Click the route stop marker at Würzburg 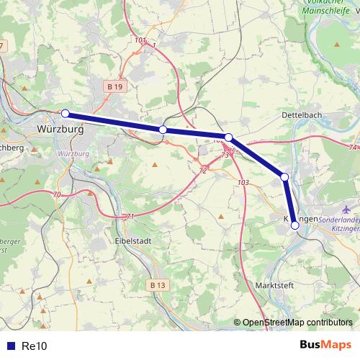(66, 113)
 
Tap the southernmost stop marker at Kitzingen (294, 225)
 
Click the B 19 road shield (112, 86)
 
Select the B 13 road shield (158, 285)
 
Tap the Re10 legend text (35, 346)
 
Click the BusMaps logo (325, 346)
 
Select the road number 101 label (140, 40)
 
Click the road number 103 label (242, 183)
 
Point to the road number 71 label (130, 216)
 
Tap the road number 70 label (56, 194)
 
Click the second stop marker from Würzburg (163, 130)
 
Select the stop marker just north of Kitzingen (284, 177)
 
